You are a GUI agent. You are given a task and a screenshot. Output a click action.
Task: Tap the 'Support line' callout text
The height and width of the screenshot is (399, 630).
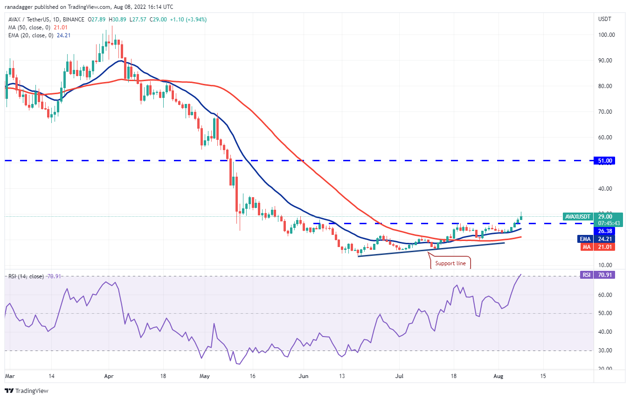450,263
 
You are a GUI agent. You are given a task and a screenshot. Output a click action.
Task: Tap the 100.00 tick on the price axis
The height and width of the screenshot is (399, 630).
606,35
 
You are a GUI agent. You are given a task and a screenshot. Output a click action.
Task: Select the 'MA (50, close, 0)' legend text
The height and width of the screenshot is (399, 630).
27,27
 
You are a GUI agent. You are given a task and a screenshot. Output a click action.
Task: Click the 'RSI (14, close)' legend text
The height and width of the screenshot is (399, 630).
26,276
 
